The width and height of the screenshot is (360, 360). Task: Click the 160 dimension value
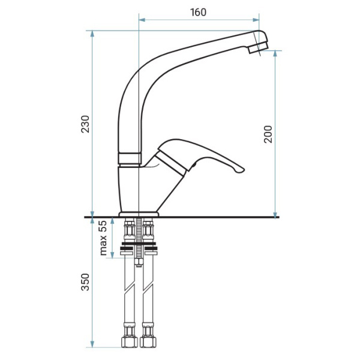(x=199, y=12)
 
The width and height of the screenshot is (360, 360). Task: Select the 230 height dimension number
(x=85, y=124)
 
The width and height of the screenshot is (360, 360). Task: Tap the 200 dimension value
(x=268, y=134)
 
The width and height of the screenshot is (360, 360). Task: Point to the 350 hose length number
(x=85, y=282)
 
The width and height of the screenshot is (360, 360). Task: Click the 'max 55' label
(x=103, y=238)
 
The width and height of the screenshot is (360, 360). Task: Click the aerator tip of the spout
(x=259, y=47)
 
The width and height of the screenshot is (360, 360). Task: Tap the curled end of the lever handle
(x=239, y=170)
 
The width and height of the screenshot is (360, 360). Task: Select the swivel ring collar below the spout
(x=130, y=158)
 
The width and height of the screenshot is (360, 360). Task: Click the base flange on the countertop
(x=139, y=214)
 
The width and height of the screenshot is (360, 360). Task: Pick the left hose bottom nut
(x=129, y=343)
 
